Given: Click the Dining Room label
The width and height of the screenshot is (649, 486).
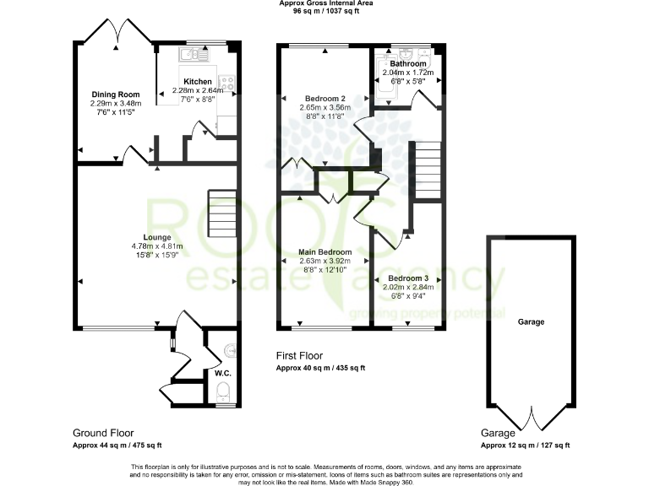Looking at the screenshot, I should pyautogui.click(x=116, y=94).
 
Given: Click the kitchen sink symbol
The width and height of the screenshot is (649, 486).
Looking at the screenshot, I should pyautogui.click(x=189, y=55).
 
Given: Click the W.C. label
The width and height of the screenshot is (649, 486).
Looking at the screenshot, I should pyautogui.click(x=223, y=372).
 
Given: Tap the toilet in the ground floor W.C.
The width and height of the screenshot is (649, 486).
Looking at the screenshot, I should pyautogui.click(x=224, y=391).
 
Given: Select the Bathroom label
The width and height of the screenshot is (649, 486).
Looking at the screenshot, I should pyautogui.click(x=407, y=63).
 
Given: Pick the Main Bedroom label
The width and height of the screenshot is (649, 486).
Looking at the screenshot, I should pyautogui.click(x=324, y=251).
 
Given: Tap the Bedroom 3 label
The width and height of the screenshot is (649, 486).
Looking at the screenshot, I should pyautogui.click(x=408, y=278).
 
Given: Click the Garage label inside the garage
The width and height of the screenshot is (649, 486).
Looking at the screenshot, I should pyautogui.click(x=531, y=321).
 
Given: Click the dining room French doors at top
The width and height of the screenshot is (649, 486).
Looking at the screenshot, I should pyautogui.click(x=120, y=32).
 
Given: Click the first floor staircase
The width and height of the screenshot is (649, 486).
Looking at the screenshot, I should pyautogui.click(x=427, y=170).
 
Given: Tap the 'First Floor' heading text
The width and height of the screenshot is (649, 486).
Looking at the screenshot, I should pyautogui.click(x=299, y=356).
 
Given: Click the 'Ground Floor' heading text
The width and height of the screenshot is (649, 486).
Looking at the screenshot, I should pyautogui.click(x=103, y=433).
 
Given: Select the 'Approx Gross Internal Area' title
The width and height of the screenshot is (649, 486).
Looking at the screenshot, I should pyautogui.click(x=324, y=4).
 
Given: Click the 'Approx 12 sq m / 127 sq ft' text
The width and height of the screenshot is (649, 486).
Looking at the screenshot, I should pyautogui.click(x=525, y=445).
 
